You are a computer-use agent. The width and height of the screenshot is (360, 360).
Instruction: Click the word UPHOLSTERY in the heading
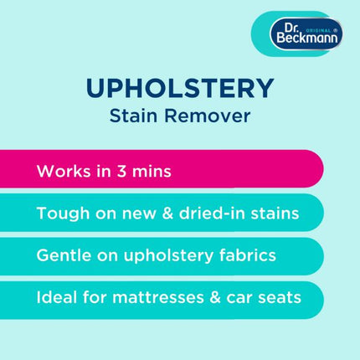pyautogui.click(x=180, y=88)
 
